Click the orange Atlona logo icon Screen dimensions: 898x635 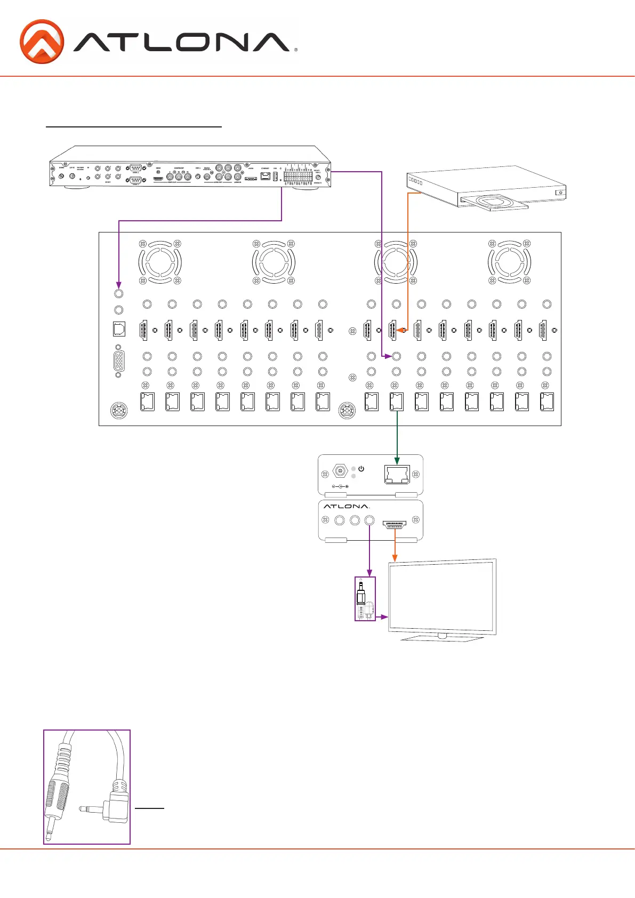[x=42, y=42]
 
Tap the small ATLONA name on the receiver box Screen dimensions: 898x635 [x=346, y=506]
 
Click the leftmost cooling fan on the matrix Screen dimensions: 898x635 [x=160, y=262]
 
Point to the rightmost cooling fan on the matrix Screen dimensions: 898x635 [x=509, y=262]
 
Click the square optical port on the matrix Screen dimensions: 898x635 [x=119, y=330]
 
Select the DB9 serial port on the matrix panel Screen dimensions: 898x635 [x=119, y=362]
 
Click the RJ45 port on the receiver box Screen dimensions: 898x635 [x=397, y=475]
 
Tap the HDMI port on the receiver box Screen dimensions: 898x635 [x=395, y=524]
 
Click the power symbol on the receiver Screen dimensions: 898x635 [x=361, y=469]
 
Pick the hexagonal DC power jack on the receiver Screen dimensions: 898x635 [x=340, y=471]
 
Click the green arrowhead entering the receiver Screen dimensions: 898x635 [x=397, y=460]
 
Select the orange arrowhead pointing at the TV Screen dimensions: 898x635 [x=395, y=557]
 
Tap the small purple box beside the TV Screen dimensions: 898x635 [x=365, y=599]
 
